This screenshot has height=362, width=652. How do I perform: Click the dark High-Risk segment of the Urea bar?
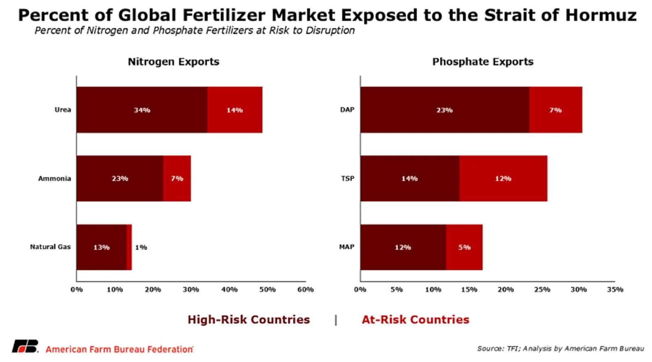click(142, 110)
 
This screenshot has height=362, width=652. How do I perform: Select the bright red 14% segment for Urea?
click(235, 110)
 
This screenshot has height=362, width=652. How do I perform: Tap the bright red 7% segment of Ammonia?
click(177, 178)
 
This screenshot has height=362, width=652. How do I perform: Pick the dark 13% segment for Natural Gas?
click(101, 247)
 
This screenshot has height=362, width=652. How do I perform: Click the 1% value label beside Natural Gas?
click(141, 247)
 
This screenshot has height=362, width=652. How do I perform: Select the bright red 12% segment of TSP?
click(503, 178)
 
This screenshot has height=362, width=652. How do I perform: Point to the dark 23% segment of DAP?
click(445, 110)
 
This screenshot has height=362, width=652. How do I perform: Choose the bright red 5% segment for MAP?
click(464, 247)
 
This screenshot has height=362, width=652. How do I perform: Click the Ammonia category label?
click(55, 178)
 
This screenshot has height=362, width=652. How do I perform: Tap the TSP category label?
click(348, 178)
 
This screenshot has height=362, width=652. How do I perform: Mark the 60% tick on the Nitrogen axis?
click(305, 289)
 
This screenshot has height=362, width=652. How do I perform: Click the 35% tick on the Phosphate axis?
click(615, 289)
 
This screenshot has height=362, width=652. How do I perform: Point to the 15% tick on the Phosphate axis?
click(469, 289)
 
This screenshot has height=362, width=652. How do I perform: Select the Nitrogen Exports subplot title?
click(174, 62)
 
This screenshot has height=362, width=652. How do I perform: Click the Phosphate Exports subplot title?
click(483, 62)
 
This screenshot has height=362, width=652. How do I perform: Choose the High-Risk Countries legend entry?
click(249, 320)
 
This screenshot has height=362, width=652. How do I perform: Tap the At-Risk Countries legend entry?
click(416, 320)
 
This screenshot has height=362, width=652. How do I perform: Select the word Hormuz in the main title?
click(601, 16)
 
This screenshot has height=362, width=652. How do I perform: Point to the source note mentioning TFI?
click(561, 349)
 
